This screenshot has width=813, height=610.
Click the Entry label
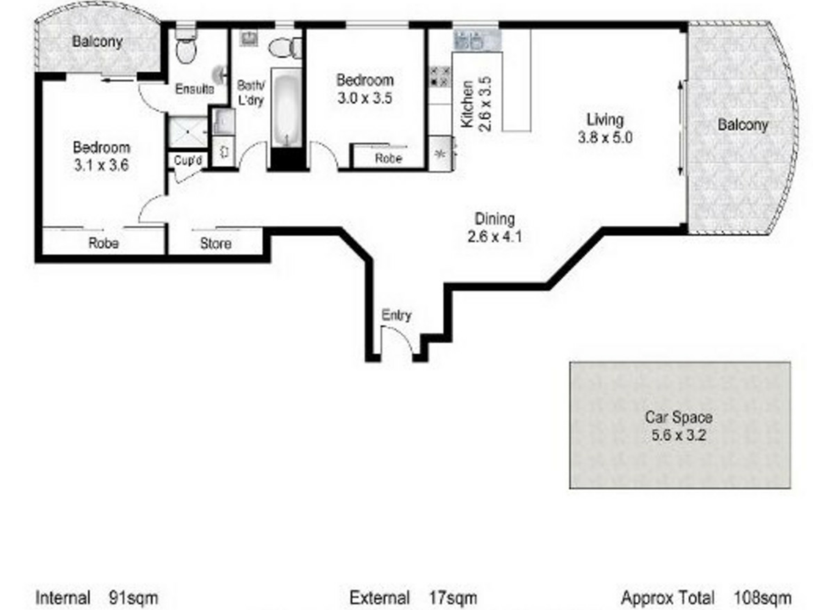396,315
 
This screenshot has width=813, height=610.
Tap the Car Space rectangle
680,425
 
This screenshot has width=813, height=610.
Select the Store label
216,243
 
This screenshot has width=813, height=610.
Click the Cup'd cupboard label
188,161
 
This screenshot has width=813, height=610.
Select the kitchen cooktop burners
440,77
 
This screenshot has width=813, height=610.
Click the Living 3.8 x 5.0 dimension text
605,137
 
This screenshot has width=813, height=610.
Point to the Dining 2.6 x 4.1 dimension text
495,236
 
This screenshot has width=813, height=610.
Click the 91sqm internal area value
133,598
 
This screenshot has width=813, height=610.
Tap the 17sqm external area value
453,598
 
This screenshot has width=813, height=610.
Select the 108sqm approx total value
762,598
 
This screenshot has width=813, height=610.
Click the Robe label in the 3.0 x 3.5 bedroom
388,158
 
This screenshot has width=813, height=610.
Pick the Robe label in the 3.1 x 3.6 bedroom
103,243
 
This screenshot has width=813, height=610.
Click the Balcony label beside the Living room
743,125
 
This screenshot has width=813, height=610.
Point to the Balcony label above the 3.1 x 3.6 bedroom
97,42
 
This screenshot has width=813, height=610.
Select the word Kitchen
467,104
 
